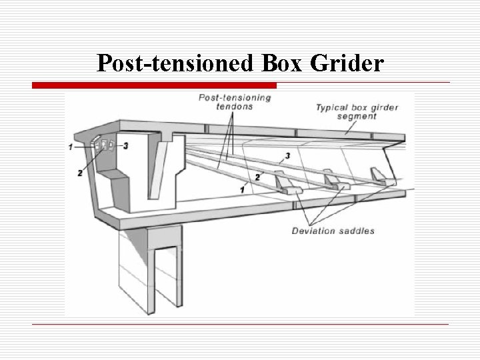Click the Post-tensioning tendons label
tap(235, 103)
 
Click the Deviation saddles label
tap(333, 231)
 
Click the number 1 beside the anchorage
tap(71, 147)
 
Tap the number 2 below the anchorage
tap(79, 173)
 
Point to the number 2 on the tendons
tap(257, 177)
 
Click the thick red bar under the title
tap(155, 85)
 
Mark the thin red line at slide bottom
tap(240, 324)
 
